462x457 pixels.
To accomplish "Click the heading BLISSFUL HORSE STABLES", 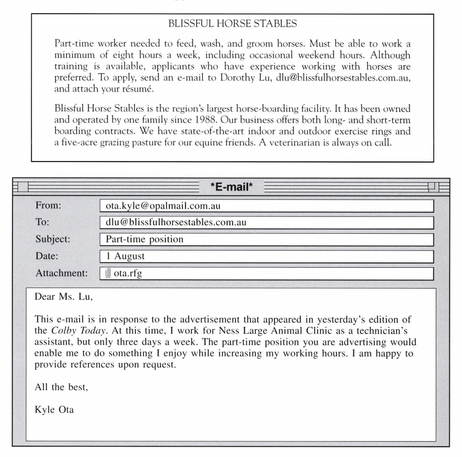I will [231, 24].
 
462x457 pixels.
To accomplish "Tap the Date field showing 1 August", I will [267, 256].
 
